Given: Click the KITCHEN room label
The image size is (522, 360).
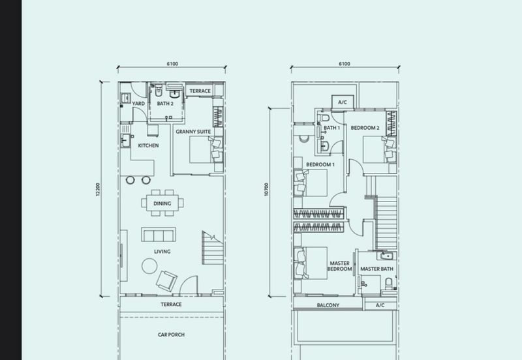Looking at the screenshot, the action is click(x=149, y=145).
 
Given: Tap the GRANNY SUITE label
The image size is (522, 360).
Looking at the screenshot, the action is click(x=193, y=132).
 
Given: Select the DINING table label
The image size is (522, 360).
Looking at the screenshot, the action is click(x=162, y=203).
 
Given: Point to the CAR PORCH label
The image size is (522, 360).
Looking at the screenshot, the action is click(x=171, y=335).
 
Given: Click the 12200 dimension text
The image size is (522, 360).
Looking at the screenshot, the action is click(x=98, y=189).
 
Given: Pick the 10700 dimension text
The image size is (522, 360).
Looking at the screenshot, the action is click(x=266, y=189).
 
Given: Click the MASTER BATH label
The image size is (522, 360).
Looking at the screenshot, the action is click(x=376, y=269).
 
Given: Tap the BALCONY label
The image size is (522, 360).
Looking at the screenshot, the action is click(x=328, y=305).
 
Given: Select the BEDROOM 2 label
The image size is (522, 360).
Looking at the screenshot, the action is click(x=365, y=128).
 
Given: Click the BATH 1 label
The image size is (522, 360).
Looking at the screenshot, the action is click(x=331, y=128).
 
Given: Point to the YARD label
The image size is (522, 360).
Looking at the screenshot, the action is click(x=138, y=104).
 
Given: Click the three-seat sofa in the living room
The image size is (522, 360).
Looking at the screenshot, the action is click(x=159, y=234).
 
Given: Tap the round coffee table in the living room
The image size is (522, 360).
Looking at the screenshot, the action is click(x=149, y=266).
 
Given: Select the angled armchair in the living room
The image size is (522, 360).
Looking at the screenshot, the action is click(x=166, y=282).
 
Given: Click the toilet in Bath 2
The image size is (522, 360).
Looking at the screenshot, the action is click(x=159, y=90).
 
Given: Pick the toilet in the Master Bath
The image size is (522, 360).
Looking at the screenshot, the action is click(x=389, y=284).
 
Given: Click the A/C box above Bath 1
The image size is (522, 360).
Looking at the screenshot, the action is click(x=343, y=102).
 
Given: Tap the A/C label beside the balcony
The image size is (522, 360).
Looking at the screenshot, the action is click(x=380, y=305).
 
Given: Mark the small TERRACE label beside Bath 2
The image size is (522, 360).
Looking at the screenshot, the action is click(x=200, y=91).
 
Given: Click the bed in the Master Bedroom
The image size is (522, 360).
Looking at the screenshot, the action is click(x=311, y=263).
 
